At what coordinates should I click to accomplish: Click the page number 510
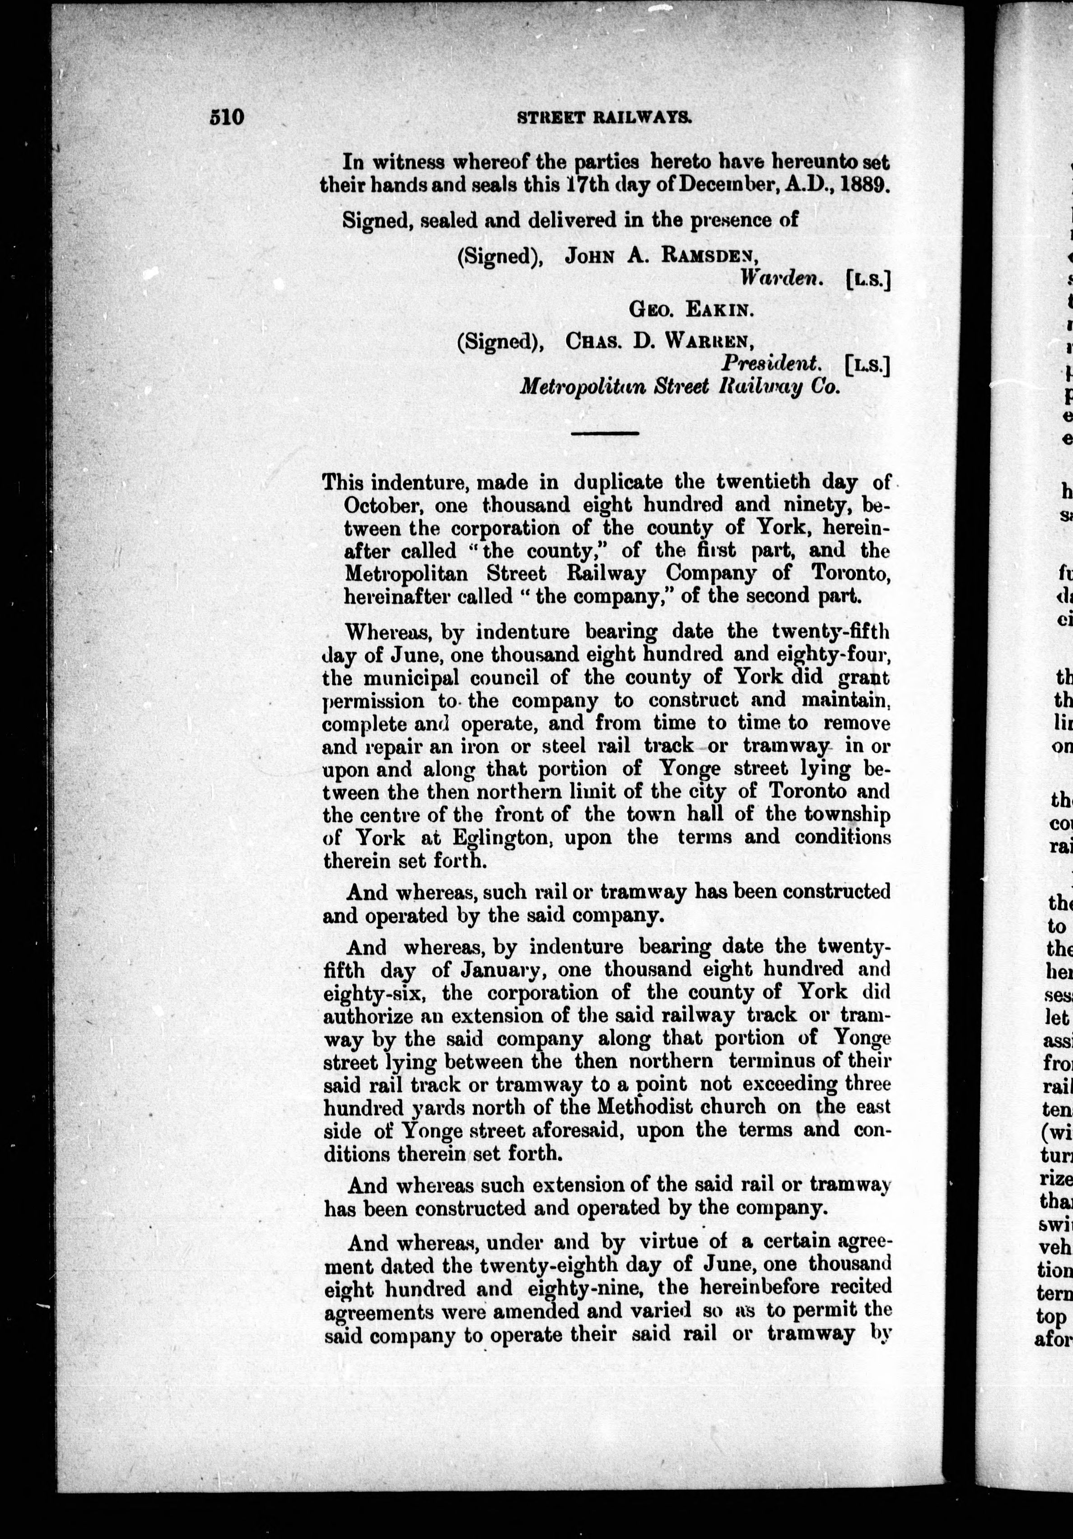click(227, 117)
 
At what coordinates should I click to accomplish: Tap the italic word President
click(771, 364)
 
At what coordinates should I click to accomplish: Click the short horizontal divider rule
click(605, 434)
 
